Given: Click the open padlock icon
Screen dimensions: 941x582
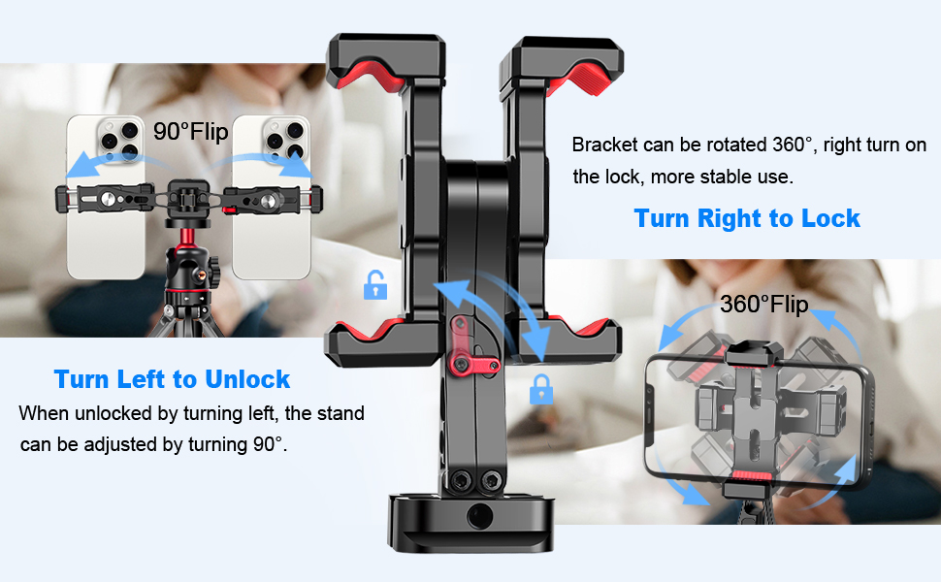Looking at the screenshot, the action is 375,285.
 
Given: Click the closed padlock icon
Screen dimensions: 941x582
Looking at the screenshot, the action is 540,389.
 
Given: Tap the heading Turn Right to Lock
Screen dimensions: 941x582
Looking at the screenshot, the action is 747,218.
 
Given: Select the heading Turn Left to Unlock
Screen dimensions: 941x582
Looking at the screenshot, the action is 172,379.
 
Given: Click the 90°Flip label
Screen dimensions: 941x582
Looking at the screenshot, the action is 191,131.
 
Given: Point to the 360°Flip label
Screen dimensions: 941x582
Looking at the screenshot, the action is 764,305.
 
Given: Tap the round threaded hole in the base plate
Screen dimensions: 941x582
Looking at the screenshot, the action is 479,515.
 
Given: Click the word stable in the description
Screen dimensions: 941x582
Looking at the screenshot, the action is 724,177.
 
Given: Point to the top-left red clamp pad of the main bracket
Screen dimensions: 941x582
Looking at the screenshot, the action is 371,74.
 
